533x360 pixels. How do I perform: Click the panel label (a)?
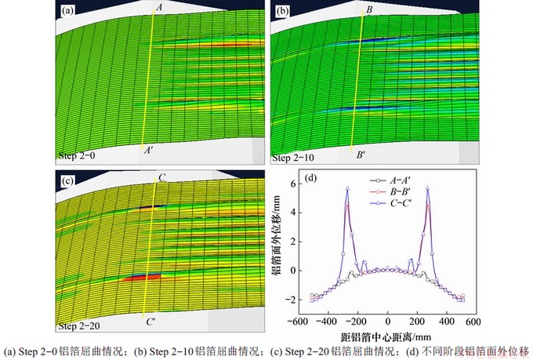pyautogui.click(x=68, y=10)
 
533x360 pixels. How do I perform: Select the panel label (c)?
pyautogui.click(x=68, y=181)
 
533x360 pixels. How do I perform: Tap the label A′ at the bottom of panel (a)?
pyautogui.click(x=148, y=153)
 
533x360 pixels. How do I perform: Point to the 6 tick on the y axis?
pyautogui.click(x=290, y=184)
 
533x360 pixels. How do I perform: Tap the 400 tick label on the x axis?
pyautogui.click(x=448, y=322)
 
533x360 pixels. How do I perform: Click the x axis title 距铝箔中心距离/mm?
pyautogui.click(x=388, y=333)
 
